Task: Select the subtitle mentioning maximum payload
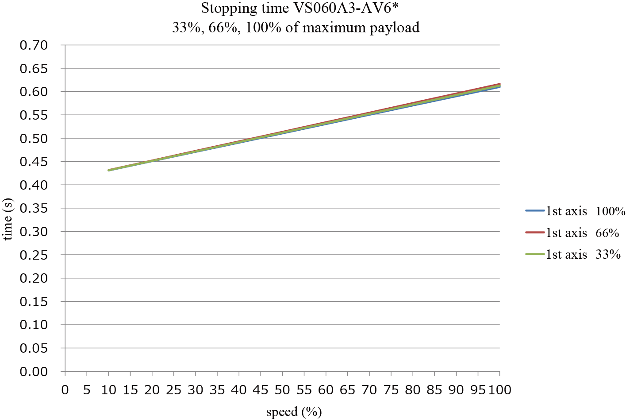(296, 27)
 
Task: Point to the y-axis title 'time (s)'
(8, 219)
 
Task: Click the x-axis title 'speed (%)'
(294, 412)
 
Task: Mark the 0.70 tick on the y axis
(34, 45)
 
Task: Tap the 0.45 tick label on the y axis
(34, 162)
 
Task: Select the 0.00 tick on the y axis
(34, 372)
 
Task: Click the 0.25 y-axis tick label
(34, 255)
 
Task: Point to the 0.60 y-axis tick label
(34, 92)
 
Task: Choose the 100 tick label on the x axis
(499, 390)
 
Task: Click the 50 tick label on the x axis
(282, 390)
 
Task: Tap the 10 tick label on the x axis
(108, 390)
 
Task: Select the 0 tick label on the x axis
(65, 390)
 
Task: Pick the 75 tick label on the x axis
(391, 390)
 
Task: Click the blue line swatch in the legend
(534, 211)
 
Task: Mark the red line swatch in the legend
(534, 233)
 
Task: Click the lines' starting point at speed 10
(109, 170)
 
